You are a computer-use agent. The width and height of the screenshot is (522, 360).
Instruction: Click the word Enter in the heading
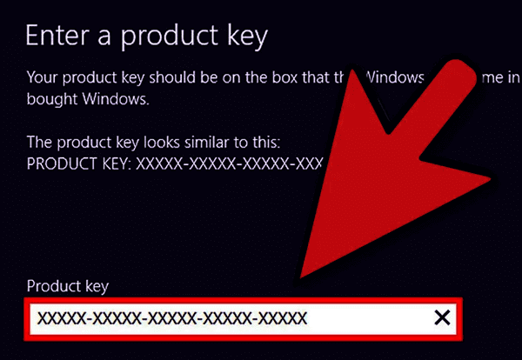(55, 36)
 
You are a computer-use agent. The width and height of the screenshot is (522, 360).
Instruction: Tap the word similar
(201, 141)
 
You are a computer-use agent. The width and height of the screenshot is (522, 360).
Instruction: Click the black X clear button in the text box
(442, 318)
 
